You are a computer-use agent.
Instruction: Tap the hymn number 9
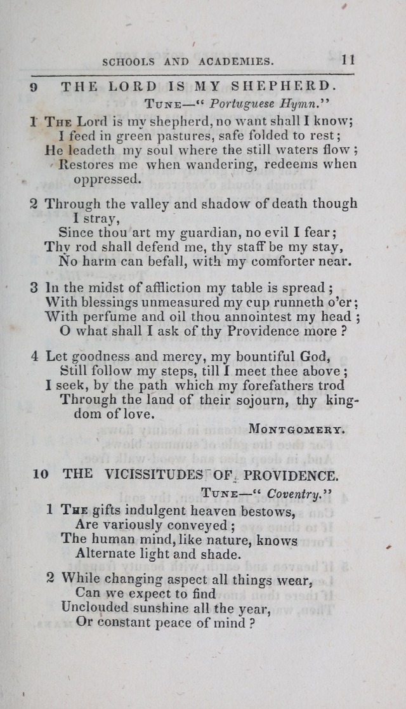tap(34, 87)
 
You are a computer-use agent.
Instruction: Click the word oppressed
tap(107, 179)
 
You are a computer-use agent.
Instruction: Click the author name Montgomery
tap(297, 429)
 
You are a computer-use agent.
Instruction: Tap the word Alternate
tap(110, 553)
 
